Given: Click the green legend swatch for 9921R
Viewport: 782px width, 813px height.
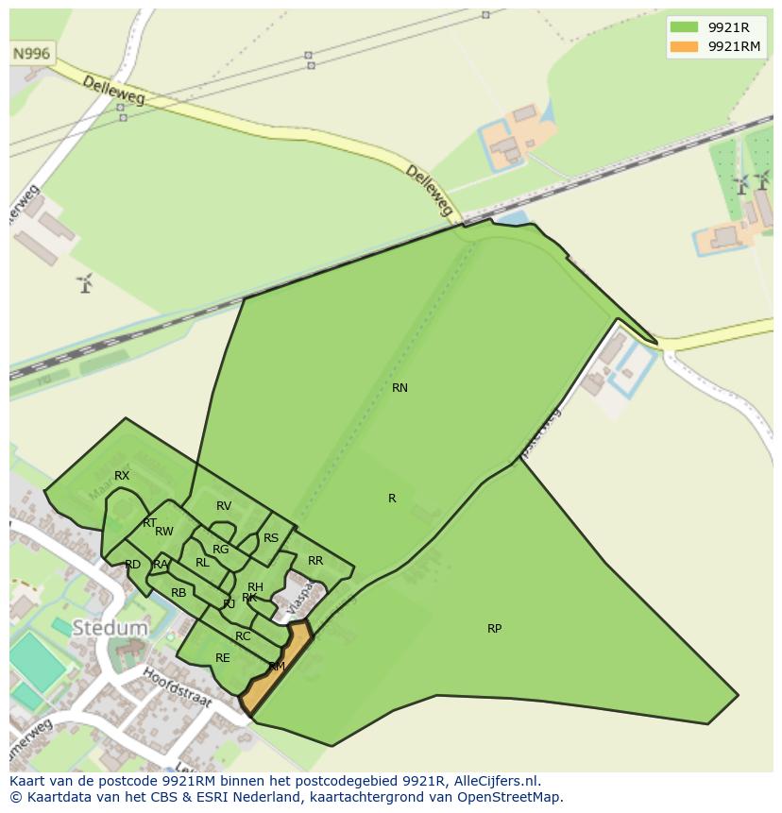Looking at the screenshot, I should coord(684,26).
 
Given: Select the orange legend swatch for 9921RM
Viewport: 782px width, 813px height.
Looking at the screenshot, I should coord(684,46).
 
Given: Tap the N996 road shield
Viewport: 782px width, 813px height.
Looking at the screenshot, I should coord(31,55).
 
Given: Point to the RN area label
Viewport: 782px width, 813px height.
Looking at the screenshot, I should coord(399,388).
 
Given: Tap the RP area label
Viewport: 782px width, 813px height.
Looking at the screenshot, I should coord(494,629).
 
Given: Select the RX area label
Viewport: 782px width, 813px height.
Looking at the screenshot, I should coord(122,476).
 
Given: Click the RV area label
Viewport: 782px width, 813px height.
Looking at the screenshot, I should coord(224,506).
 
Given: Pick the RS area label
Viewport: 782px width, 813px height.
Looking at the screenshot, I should coord(271,538).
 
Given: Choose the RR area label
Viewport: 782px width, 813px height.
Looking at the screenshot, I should coord(315,561).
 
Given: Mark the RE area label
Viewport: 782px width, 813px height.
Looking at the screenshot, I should coord(223,658).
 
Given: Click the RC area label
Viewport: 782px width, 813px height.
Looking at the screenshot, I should coord(243,636).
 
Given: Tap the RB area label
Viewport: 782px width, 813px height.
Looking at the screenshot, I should coord(178,593).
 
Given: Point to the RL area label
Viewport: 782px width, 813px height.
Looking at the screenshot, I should coord(202,563).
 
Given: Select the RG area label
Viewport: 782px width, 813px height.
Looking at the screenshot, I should coord(220,550).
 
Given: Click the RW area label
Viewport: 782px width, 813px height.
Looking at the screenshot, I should coord(164,532).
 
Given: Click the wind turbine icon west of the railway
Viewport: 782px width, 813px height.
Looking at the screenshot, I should coord(85,281).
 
